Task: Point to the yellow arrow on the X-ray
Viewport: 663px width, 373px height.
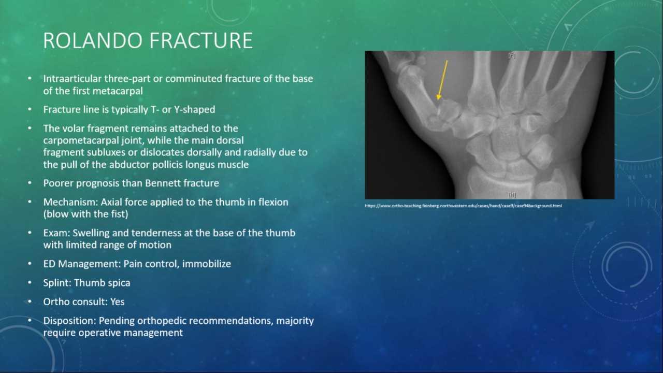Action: (442, 80)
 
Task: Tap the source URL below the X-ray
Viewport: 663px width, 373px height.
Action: (463, 206)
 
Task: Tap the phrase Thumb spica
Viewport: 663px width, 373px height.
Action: (102, 283)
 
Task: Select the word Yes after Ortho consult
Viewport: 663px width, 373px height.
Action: (118, 302)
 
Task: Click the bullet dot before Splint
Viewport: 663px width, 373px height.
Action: (30, 283)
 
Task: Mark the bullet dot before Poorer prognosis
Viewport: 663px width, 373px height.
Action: (30, 183)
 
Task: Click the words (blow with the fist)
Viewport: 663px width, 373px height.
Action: (85, 214)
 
